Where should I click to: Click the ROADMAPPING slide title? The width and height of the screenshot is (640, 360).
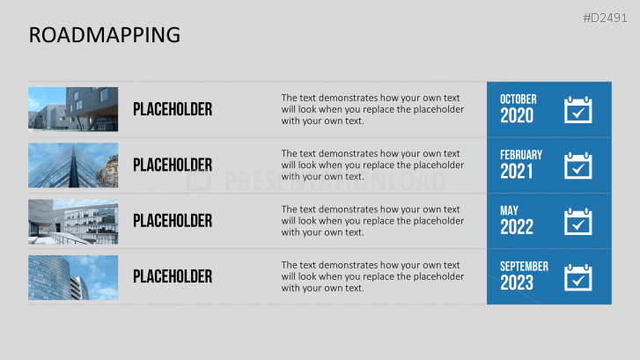[x=105, y=34]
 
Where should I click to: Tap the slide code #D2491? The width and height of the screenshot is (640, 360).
[x=607, y=18]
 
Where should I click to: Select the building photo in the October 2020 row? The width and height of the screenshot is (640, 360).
[x=73, y=109]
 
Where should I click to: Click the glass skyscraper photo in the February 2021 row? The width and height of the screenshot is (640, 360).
[x=73, y=165]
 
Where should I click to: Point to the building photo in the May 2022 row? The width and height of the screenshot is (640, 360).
[x=73, y=220]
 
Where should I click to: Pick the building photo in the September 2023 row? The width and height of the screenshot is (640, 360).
[x=73, y=276]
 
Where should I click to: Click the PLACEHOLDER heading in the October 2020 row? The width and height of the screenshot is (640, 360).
[x=173, y=109]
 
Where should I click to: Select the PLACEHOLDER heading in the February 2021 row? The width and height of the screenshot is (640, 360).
[x=173, y=165]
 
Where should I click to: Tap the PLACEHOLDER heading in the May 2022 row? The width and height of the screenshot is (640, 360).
[x=173, y=220]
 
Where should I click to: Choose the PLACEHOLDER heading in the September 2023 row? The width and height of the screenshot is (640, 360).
[x=173, y=276]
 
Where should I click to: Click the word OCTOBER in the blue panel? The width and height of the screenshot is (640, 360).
[x=518, y=99]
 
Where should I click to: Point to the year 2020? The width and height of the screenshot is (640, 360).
[x=517, y=116]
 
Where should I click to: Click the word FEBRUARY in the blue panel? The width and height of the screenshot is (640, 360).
[x=521, y=155]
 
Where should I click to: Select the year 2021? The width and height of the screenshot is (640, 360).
[x=517, y=172]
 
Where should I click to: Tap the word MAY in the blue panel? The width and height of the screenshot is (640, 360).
[x=510, y=210]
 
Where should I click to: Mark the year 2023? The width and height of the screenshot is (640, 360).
[x=517, y=283]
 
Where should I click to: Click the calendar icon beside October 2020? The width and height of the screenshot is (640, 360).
[x=578, y=109]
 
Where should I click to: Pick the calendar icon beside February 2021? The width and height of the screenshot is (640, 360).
[x=578, y=165]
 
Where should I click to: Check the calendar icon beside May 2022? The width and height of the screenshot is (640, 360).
[x=578, y=221]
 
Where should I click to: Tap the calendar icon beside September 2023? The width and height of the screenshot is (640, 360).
[x=578, y=276]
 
